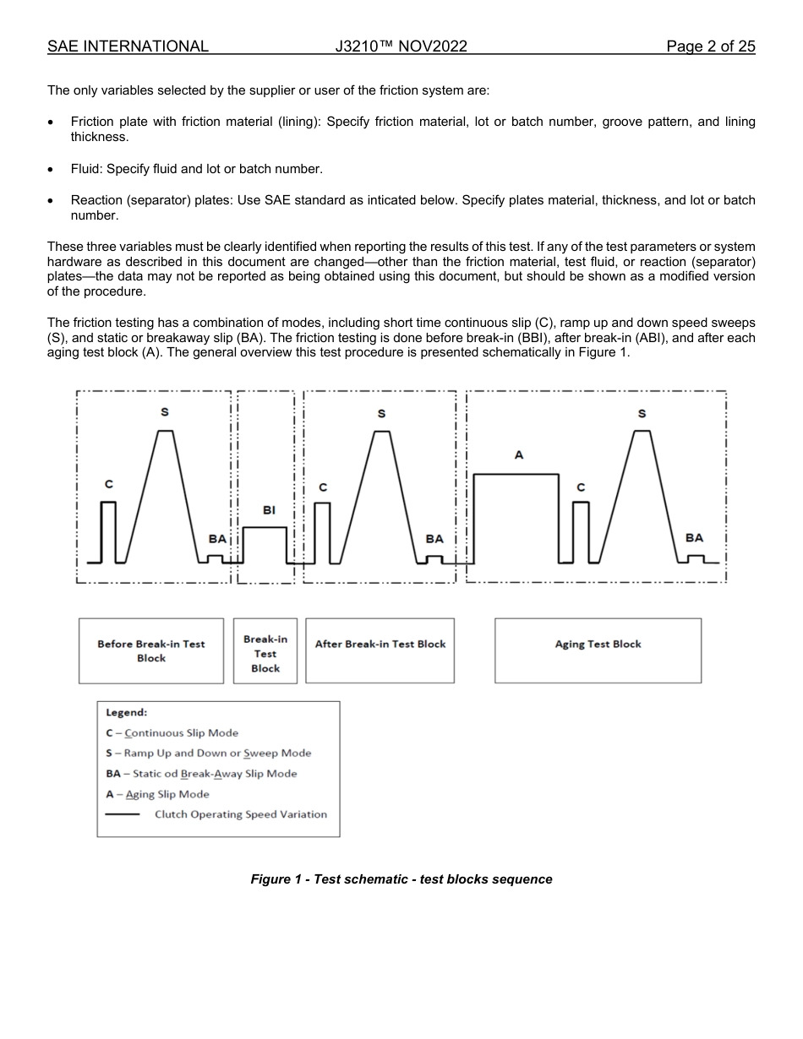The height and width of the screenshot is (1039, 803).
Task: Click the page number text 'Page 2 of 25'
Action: point(710,46)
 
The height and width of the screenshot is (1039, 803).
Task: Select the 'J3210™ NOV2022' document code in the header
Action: point(401,46)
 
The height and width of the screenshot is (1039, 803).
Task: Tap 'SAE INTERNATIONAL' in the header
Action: point(128,46)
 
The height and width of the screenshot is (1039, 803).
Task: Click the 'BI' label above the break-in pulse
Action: point(269,510)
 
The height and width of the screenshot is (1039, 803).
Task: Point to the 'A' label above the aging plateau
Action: point(519,455)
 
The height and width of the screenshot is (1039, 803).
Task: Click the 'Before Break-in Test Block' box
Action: point(151,650)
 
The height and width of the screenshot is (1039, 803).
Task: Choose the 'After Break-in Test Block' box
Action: point(380,650)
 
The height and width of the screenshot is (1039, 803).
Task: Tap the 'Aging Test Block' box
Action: point(598,650)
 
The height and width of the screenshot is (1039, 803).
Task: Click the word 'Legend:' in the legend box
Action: point(126,712)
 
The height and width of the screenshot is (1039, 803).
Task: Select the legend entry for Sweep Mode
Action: point(208,753)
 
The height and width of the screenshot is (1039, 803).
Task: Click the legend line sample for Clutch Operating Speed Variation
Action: point(123,815)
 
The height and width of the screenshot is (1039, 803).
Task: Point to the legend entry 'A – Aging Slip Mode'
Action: point(157,794)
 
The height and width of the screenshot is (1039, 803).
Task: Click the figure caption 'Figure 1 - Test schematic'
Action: point(401,879)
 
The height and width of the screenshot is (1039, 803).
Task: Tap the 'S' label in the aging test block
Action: point(642,414)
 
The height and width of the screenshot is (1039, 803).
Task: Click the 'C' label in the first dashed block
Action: point(108,484)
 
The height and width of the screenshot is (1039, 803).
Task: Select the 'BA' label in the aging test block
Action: point(694,538)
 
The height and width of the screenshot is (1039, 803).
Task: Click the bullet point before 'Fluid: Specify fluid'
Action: point(52,170)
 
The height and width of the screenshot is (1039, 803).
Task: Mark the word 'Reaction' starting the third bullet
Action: point(97,200)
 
